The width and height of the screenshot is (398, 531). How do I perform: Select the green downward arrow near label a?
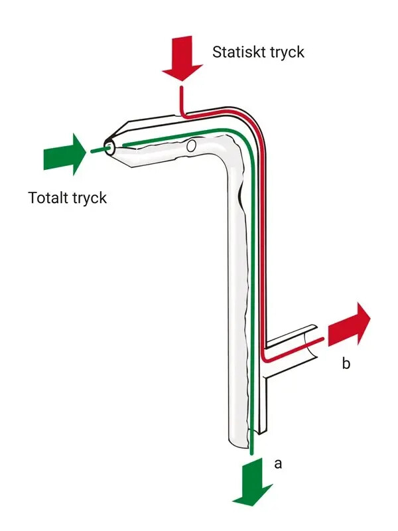point(252,478)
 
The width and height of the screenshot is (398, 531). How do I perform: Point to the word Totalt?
point(49,198)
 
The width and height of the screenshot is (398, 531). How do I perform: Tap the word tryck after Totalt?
point(90,198)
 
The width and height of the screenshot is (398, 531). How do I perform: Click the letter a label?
point(279,463)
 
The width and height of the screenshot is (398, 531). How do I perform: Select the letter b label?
point(346,363)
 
